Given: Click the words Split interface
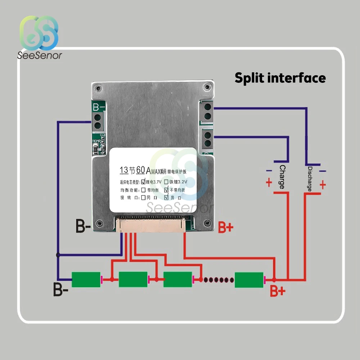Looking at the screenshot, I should pyautogui.click(x=280, y=78).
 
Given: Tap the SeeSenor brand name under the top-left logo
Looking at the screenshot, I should pyautogui.click(x=40, y=55).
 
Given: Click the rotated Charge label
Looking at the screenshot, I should pyautogui.click(x=282, y=177).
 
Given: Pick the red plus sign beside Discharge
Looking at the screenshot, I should pyautogui.click(x=323, y=185).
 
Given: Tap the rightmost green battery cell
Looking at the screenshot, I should pyautogui.click(x=249, y=280).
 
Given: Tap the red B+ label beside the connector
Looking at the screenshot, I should pyautogui.click(x=226, y=227).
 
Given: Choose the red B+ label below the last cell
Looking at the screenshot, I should pyautogui.click(x=278, y=291).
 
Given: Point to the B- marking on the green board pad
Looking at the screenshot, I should pyautogui.click(x=99, y=107).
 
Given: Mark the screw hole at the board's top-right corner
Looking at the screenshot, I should pyautogui.click(x=206, y=87).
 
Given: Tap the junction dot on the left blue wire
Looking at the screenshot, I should pyautogui.click(x=58, y=255).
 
